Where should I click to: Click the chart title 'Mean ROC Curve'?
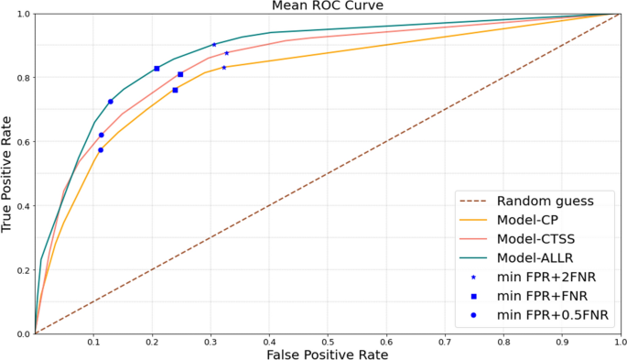[327, 6]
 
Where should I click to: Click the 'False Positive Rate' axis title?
[327, 354]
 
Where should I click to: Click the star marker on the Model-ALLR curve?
[214, 45]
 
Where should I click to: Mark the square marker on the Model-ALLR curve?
[157, 69]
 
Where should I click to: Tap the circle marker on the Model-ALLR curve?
[111, 102]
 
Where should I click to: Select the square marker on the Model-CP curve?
[175, 90]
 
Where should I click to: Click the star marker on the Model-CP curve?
[223, 67]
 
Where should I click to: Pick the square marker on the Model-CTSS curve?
[180, 74]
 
